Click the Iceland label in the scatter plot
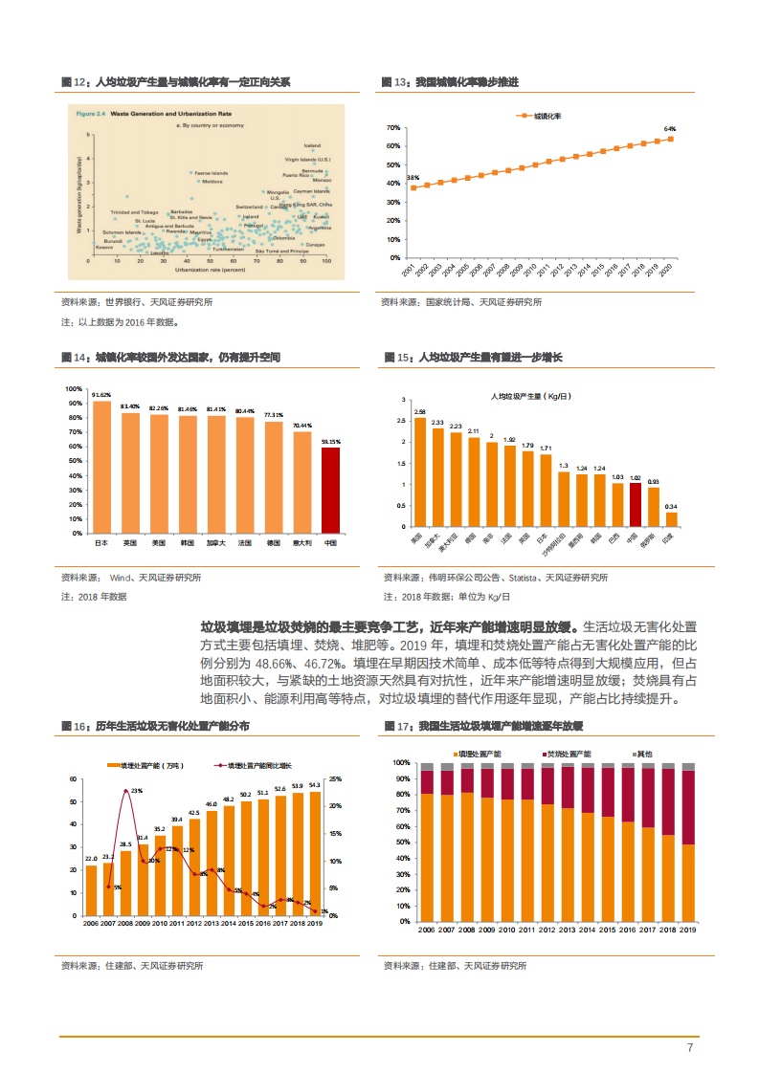click(312, 146)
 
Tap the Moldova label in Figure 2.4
click(212, 181)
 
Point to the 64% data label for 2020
click(670, 128)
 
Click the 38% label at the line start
click(413, 178)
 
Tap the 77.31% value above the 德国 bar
click(273, 415)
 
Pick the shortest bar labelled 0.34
click(671, 519)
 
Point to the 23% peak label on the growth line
click(137, 791)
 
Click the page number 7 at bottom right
click(690, 1047)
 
